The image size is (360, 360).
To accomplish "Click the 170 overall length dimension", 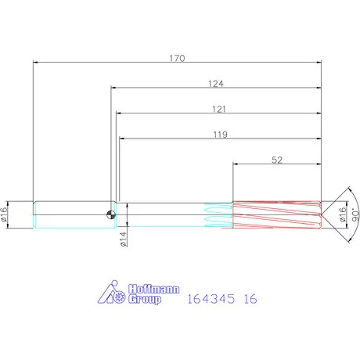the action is pyautogui.click(x=177, y=58).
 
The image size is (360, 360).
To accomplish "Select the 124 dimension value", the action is pyautogui.click(x=216, y=84).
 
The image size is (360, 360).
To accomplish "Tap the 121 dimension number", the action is pyautogui.click(x=219, y=109).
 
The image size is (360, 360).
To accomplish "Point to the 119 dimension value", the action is pyautogui.click(x=221, y=135).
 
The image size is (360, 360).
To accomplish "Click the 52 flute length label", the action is pyautogui.click(x=277, y=160).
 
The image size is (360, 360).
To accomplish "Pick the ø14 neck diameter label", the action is pyautogui.click(x=124, y=239).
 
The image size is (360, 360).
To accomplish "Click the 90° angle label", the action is pyautogui.click(x=355, y=214).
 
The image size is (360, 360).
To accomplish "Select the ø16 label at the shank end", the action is pyautogui.click(x=4, y=214).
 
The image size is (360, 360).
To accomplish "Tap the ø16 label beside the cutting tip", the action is pyautogui.click(x=343, y=214).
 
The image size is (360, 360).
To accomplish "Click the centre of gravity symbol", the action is pyautogui.click(x=111, y=214).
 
